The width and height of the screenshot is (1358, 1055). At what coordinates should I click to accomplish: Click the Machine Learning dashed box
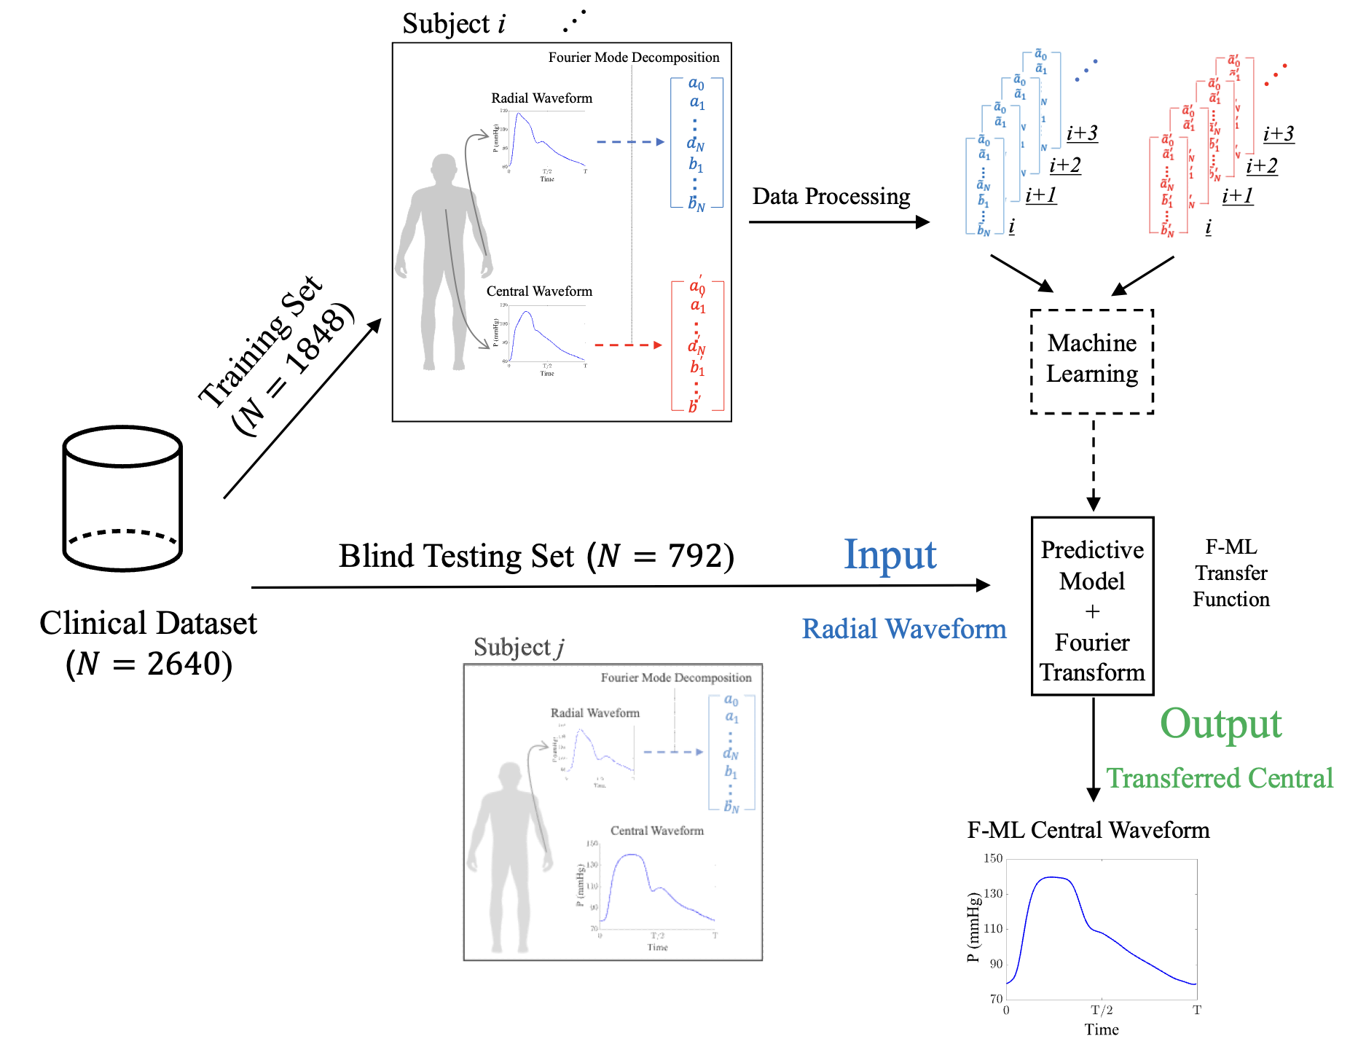1091,361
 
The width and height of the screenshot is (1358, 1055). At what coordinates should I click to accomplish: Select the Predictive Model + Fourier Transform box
1091,606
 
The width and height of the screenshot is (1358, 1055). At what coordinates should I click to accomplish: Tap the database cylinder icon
122,498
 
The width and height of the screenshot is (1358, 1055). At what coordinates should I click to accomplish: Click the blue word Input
890,555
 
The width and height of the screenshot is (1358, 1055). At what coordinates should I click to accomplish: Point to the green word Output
1220,724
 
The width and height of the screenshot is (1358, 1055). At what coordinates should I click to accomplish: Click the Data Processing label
831,197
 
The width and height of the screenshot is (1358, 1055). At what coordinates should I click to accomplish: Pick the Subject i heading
453,24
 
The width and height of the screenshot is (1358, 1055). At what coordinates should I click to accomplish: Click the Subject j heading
518,647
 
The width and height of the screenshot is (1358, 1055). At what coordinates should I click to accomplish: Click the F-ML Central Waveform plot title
1088,830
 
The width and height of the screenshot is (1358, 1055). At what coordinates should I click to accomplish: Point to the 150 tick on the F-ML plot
993,858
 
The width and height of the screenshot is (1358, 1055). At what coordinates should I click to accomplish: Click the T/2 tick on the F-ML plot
1102,1010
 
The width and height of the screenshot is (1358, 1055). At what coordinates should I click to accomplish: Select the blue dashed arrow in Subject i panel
630,142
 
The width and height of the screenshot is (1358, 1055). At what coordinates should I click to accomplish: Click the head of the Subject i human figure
444,169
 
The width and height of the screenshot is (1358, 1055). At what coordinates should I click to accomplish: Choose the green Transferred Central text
1219,778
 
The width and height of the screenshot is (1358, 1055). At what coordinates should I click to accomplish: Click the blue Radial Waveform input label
903,629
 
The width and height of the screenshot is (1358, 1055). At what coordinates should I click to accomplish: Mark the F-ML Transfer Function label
1231,573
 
